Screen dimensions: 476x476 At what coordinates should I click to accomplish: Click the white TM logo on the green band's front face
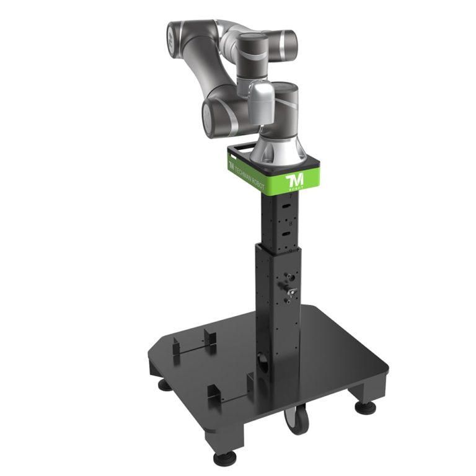pyautogui.click(x=292, y=182)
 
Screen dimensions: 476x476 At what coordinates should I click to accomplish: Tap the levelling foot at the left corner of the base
pyautogui.click(x=164, y=385)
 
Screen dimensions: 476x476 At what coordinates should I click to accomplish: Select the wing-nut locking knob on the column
pyautogui.click(x=289, y=289)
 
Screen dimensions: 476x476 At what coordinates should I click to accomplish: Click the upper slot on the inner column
pyautogui.click(x=287, y=205)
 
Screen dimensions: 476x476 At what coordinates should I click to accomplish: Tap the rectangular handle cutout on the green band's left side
pyautogui.click(x=241, y=149)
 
